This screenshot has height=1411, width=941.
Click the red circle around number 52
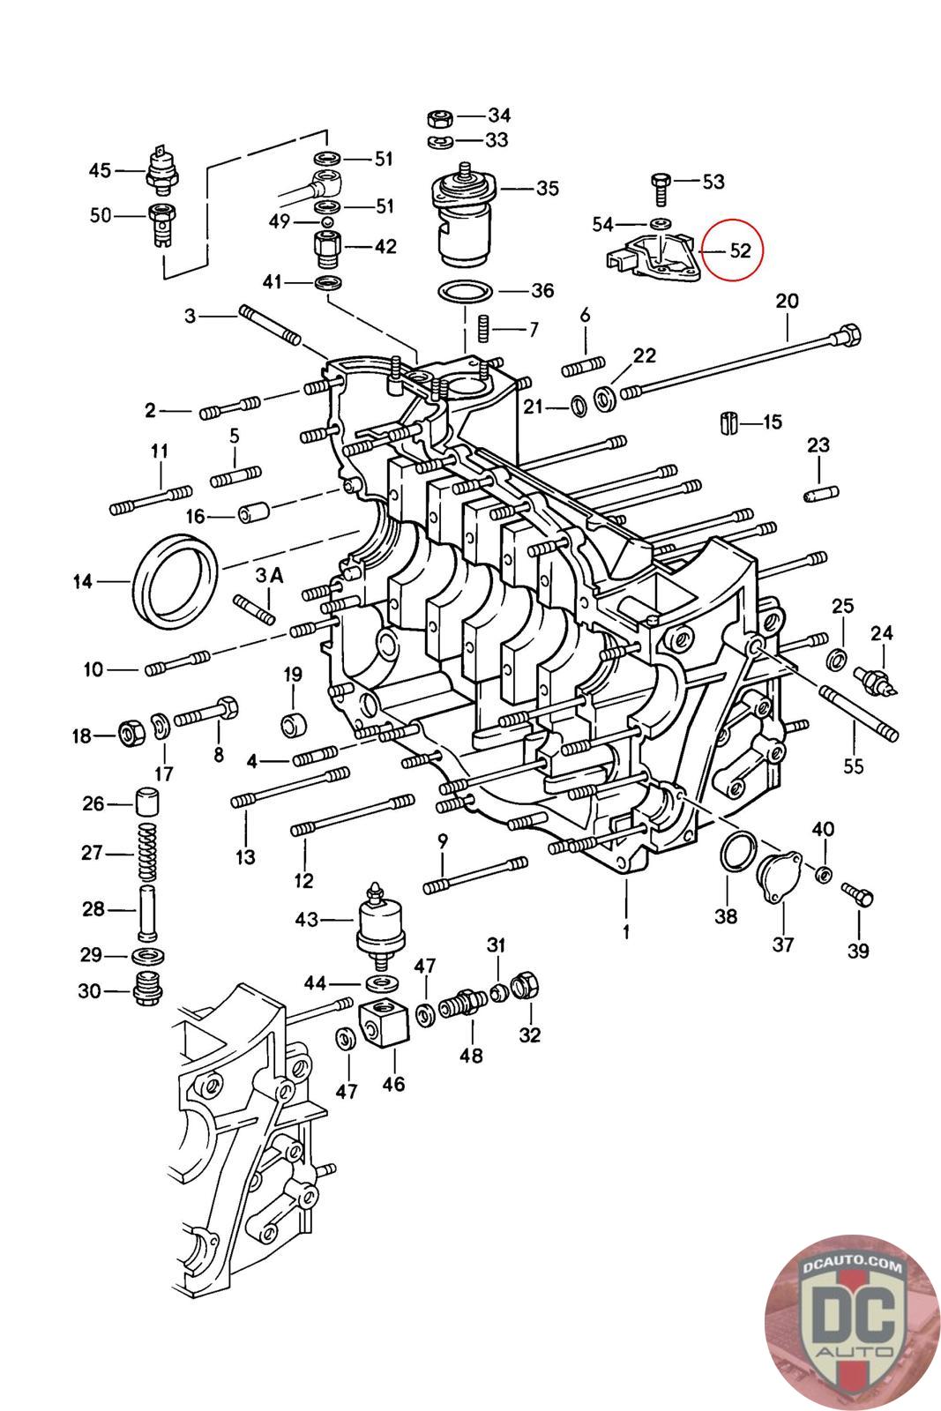tap(732, 250)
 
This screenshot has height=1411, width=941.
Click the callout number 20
tap(787, 301)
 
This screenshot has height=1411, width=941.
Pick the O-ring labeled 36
tap(464, 292)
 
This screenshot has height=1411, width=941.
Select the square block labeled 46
tap(385, 1020)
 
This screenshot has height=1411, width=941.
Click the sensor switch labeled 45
tap(164, 168)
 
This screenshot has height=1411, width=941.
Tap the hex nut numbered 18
tap(132, 733)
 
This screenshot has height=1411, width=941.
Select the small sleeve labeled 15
tap(728, 422)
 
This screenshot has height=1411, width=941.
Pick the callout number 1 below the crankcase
tap(625, 931)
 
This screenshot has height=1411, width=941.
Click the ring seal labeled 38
tap(739, 851)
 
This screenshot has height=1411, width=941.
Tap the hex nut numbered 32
tap(526, 985)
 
